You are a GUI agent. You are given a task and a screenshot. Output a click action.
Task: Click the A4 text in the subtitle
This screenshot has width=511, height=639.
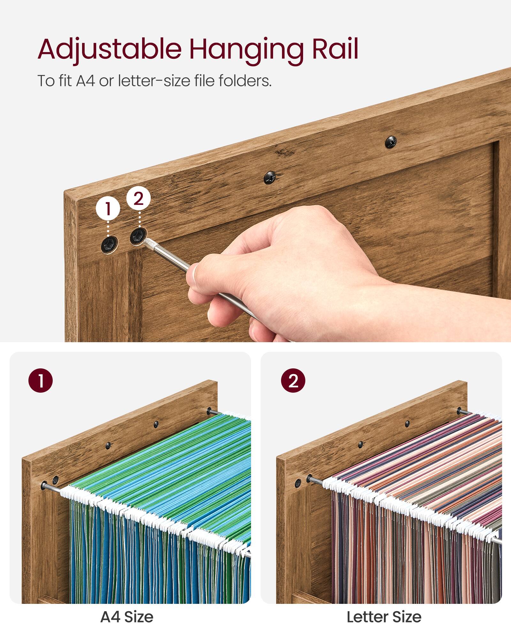coord(85,81)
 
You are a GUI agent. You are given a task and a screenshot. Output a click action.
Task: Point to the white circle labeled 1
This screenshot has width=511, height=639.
coord(108,208)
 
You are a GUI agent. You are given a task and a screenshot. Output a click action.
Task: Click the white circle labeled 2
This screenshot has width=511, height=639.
coord(138,198)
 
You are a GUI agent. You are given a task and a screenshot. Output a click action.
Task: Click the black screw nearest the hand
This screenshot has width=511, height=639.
coord(270,178)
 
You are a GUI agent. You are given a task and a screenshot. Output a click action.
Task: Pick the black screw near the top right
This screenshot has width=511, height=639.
coord(391,142)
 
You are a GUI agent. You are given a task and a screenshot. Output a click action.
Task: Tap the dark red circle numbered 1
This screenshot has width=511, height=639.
coord(41,381)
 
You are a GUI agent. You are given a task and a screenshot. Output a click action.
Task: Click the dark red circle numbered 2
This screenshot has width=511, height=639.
coord(293,381)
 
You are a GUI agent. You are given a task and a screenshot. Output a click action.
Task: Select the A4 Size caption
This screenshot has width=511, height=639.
coord(127,617)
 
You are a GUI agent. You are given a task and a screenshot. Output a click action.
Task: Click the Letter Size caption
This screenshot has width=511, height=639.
coord(384,617)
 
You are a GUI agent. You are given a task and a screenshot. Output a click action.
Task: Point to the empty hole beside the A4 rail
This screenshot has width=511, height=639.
coord(56,480)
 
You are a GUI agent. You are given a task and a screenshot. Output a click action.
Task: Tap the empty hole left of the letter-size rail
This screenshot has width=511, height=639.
coord(298,483)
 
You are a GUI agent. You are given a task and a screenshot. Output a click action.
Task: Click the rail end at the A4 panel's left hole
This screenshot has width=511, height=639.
coord(44,486)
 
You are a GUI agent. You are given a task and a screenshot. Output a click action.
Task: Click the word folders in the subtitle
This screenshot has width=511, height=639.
coord(245,81)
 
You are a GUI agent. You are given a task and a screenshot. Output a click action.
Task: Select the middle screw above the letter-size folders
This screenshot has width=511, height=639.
coord(407,424)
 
